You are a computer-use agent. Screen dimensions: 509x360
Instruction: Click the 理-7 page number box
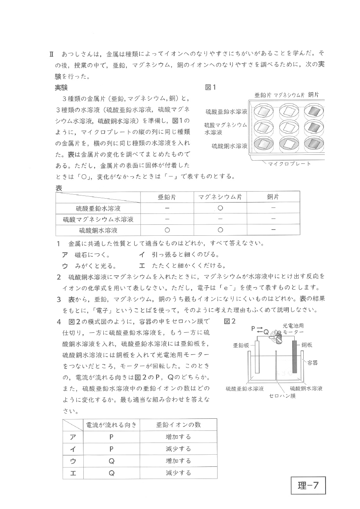(308, 486)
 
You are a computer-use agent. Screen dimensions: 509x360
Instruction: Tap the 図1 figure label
(211, 87)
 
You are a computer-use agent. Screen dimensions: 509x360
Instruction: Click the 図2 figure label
(230, 321)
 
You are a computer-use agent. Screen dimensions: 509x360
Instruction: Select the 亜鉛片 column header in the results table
(167, 197)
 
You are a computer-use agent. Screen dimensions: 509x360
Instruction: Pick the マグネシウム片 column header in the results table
(220, 197)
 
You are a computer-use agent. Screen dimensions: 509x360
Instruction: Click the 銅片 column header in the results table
(273, 197)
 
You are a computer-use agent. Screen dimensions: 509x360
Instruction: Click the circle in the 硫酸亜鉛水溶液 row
(220, 208)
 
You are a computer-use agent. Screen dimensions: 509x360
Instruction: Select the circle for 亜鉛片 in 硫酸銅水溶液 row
(167, 230)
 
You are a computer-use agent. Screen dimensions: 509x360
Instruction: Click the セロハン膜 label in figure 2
(282, 396)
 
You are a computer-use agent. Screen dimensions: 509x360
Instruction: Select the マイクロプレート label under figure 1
(289, 163)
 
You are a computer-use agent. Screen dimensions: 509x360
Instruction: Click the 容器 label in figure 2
(312, 363)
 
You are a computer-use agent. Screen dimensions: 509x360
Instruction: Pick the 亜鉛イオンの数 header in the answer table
(178, 425)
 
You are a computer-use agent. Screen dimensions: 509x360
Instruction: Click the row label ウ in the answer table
(73, 461)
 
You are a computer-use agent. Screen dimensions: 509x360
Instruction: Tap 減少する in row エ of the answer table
(178, 473)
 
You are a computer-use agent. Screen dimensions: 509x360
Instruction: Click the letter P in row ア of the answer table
(112, 437)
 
